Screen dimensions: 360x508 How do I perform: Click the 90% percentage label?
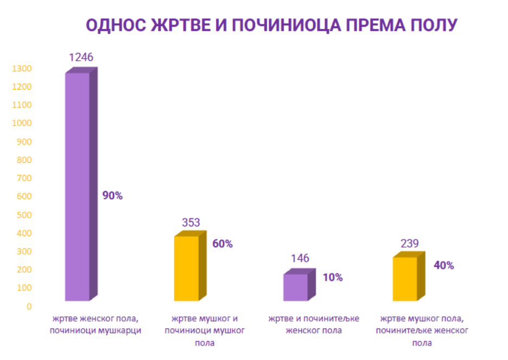[113, 196]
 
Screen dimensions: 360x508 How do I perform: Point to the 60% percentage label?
[223, 244]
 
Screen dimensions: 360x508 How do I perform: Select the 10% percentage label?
[333, 277]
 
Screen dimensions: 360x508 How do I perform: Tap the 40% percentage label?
[443, 266]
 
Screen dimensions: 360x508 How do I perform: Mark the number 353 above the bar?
[191, 223]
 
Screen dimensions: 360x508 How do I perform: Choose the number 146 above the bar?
[299, 258]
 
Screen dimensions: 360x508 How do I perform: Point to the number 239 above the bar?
[408, 243]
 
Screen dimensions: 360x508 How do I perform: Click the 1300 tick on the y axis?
[22, 69]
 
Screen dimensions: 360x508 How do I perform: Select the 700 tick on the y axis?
[24, 178]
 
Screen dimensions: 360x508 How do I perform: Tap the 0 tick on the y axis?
[29, 306]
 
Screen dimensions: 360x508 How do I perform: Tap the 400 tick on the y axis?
[24, 233]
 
